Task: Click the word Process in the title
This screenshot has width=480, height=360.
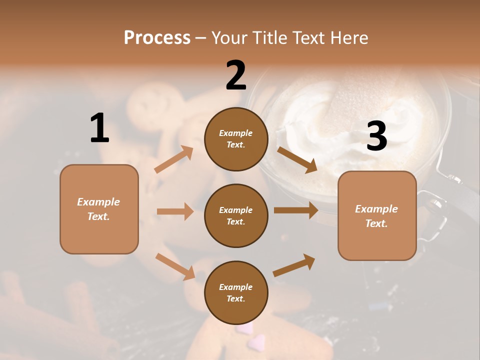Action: click(x=157, y=37)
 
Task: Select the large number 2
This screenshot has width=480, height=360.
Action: click(x=236, y=75)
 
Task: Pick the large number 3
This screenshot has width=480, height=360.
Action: click(x=376, y=136)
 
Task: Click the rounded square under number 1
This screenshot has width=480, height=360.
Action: click(x=99, y=209)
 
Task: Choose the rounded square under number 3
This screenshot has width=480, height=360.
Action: click(x=377, y=215)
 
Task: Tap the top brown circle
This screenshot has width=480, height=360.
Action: click(x=236, y=139)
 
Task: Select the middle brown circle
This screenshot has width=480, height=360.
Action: click(x=236, y=215)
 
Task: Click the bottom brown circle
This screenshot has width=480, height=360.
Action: click(x=236, y=292)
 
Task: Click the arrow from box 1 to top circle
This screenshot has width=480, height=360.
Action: click(x=174, y=159)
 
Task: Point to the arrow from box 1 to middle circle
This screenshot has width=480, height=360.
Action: click(x=175, y=211)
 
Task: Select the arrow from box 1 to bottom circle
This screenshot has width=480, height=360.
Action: click(x=175, y=266)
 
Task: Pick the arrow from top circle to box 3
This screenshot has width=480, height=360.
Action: click(x=297, y=159)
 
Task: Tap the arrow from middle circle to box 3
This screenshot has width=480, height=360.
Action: click(x=296, y=210)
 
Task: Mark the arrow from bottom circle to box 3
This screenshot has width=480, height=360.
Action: click(x=294, y=265)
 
